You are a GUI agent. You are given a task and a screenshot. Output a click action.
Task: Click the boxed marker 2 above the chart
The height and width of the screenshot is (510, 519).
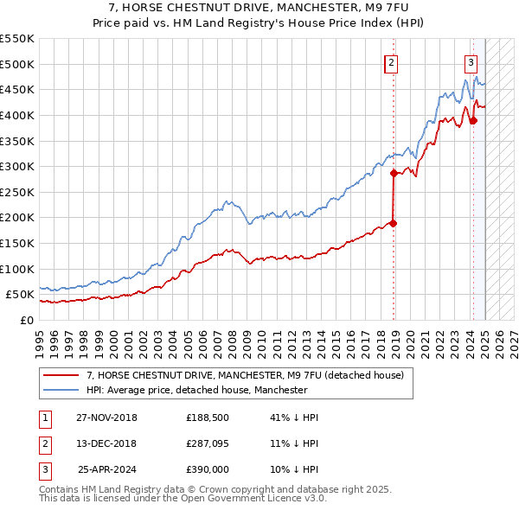click(392, 62)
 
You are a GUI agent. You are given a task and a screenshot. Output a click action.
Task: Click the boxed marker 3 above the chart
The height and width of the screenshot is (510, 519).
click(471, 62)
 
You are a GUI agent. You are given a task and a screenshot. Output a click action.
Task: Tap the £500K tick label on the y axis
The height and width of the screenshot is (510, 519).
click(17, 64)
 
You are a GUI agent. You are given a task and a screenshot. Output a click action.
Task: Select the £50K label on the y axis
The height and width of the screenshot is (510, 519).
click(21, 295)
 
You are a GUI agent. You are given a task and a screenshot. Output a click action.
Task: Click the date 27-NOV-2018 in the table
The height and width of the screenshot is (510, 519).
click(106, 418)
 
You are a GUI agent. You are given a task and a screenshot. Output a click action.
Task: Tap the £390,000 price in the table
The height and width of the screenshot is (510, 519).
click(208, 470)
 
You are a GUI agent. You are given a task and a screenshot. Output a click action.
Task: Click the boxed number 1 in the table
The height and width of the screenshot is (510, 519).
click(43, 418)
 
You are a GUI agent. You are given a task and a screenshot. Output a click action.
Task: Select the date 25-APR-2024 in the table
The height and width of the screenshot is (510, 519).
click(107, 470)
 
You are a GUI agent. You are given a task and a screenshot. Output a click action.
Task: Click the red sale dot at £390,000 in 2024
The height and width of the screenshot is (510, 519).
click(473, 120)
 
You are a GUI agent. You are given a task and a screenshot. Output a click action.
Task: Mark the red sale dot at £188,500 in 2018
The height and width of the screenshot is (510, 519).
click(394, 223)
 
